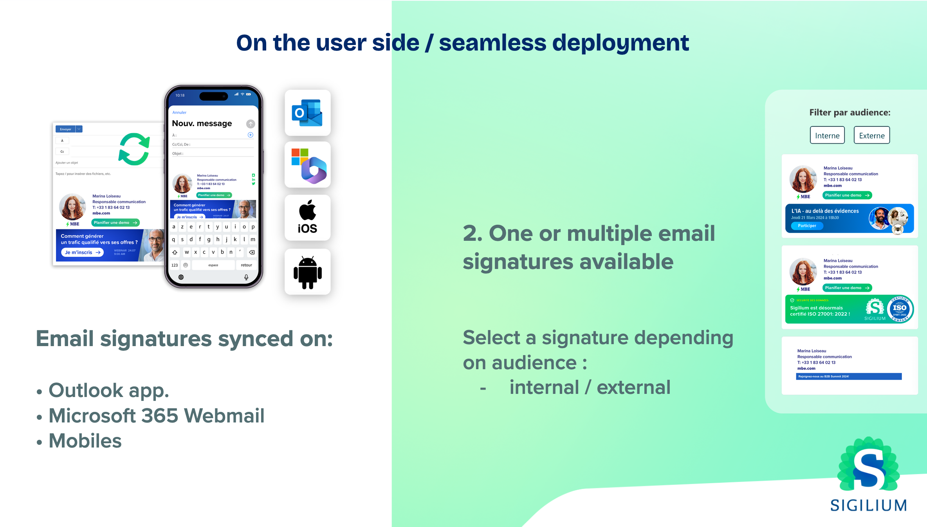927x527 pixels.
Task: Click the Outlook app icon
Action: [x=307, y=113]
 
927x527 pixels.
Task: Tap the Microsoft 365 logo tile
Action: [x=308, y=166]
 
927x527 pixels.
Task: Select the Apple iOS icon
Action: [x=307, y=217]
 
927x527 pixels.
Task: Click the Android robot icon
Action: [x=308, y=272]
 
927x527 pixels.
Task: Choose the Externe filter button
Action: [x=871, y=135]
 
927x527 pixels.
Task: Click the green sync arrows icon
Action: [x=134, y=149]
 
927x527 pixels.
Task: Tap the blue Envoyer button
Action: [x=66, y=129]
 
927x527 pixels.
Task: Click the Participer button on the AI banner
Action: [x=807, y=226]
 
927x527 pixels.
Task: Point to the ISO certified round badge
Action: [x=900, y=309]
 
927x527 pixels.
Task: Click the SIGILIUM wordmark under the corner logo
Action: [x=868, y=505]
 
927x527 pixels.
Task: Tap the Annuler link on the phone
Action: [x=179, y=112]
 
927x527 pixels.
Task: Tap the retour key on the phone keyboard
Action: [x=246, y=265]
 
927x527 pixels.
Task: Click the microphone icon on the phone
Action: [x=246, y=277]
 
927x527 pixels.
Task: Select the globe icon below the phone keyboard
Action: [x=181, y=277]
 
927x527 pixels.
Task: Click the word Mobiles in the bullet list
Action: [x=85, y=441]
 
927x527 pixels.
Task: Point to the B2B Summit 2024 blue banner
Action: [x=848, y=377]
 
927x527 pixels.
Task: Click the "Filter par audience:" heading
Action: [x=849, y=113]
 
